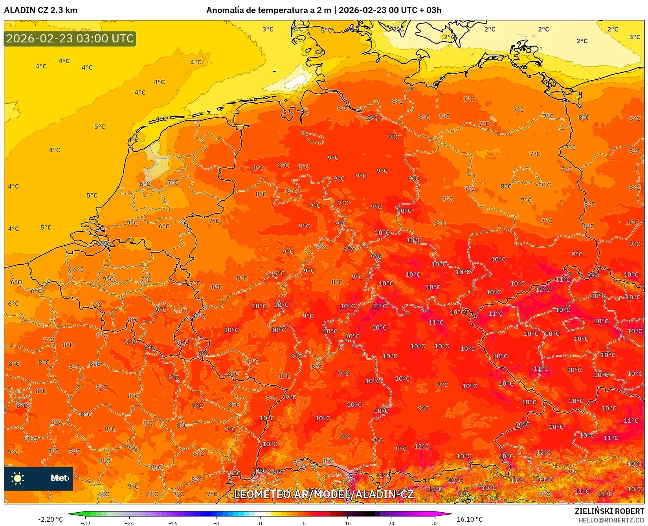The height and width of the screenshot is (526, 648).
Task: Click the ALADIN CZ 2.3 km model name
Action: coord(40,10)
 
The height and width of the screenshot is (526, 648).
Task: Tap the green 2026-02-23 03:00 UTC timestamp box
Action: coord(70,39)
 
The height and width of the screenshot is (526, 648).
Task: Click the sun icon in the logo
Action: coord(18,478)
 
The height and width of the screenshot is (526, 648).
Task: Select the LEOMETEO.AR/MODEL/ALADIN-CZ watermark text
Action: coord(324,494)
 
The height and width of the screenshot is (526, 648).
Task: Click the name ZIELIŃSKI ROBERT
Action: coord(609,511)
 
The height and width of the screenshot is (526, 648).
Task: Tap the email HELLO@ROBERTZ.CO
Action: coord(611,520)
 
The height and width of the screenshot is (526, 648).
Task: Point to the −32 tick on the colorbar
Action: coord(86,523)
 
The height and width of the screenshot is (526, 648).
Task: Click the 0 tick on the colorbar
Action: coord(260,523)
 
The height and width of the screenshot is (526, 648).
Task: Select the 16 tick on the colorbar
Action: coord(347,523)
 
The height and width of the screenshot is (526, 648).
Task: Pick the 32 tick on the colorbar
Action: coord(435,523)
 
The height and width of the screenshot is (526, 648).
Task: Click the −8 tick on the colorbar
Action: coord(217,523)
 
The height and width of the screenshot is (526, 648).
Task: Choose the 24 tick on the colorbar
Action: coord(391,523)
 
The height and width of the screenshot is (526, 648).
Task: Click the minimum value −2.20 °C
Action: coord(50,519)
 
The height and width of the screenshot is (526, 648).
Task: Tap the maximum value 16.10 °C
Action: coord(470,519)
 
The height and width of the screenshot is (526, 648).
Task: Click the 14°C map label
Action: coord(435,489)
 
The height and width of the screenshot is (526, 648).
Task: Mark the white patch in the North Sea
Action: coord(294,82)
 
